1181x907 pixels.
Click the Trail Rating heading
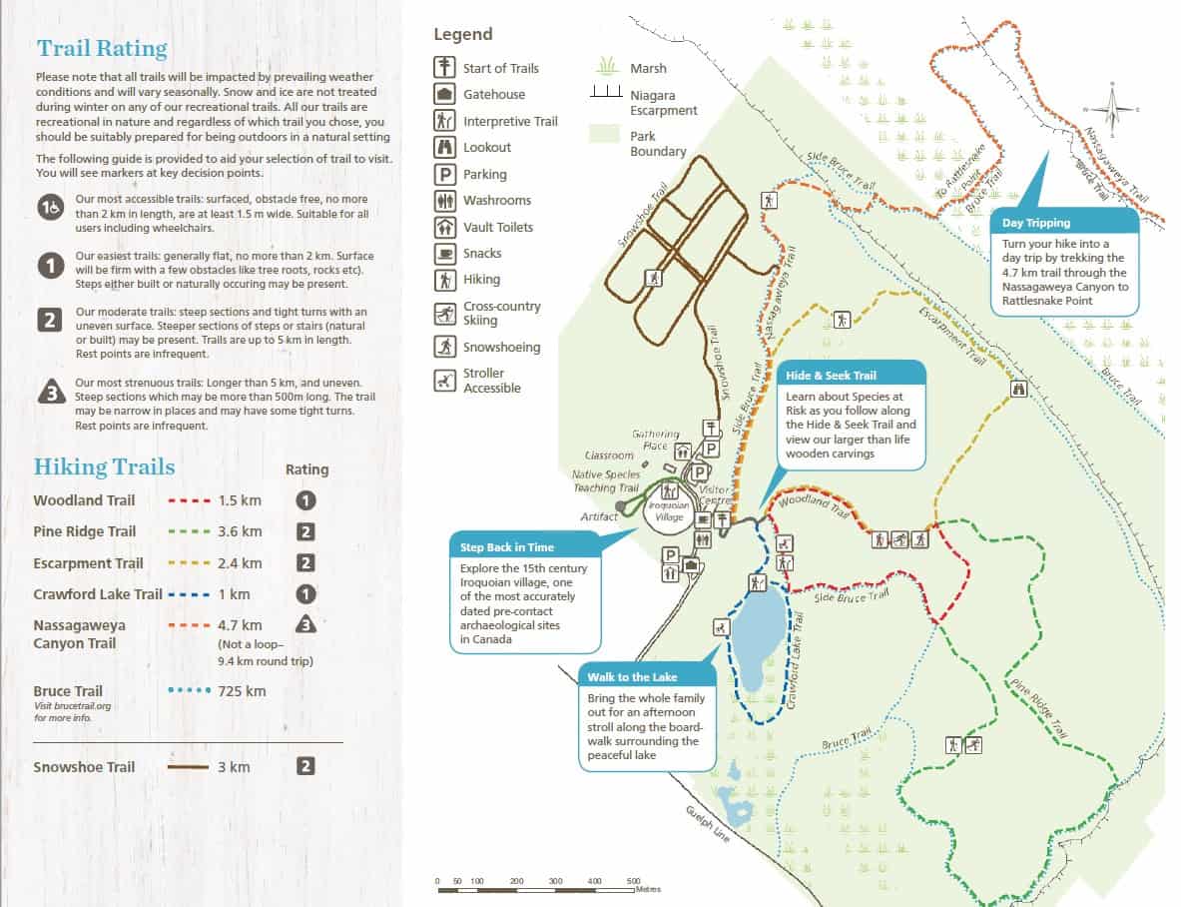click(102, 49)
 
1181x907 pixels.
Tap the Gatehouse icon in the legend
click(444, 95)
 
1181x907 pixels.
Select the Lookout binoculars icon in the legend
click(444, 148)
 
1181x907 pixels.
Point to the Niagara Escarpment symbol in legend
click(606, 92)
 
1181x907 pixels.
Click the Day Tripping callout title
click(1036, 223)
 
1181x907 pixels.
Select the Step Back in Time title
click(507, 547)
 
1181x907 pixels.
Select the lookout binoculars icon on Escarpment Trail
click(1019, 390)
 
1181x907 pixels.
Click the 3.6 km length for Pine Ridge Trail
click(240, 531)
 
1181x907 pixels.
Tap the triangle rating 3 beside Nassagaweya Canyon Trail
click(306, 625)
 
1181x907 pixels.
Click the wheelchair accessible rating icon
click(51, 208)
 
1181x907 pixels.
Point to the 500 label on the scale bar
click(633, 881)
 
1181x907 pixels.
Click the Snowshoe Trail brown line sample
click(187, 767)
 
